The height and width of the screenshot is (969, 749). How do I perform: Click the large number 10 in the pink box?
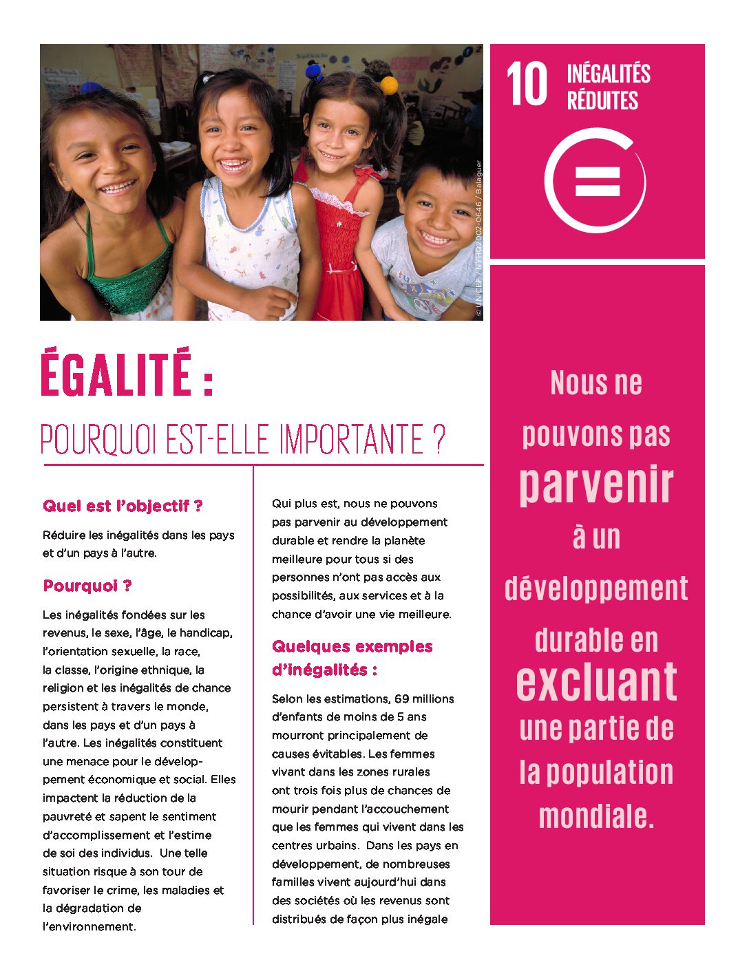click(x=527, y=85)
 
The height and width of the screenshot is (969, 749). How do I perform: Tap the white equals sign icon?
click(x=597, y=180)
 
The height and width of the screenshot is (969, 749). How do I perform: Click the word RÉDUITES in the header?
click(x=602, y=100)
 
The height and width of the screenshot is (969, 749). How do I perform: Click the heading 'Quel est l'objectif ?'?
click(x=123, y=506)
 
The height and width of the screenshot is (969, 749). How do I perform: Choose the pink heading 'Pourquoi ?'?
click(x=87, y=586)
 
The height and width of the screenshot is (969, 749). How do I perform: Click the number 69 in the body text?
click(x=402, y=699)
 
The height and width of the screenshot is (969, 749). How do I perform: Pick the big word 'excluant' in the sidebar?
click(x=596, y=681)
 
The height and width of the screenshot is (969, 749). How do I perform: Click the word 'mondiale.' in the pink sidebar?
click(x=596, y=817)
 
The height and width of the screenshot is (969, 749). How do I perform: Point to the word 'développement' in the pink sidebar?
click(x=596, y=588)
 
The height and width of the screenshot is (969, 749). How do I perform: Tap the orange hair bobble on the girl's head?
click(x=389, y=85)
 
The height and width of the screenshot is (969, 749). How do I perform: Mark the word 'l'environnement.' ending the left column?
click(x=89, y=926)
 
